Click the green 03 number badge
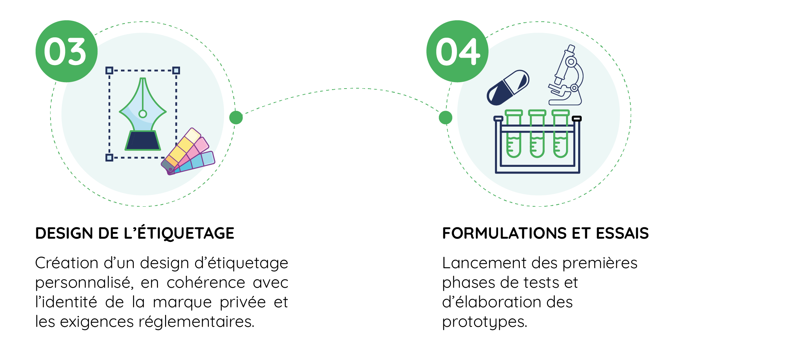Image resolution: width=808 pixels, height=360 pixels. (x=66, y=51)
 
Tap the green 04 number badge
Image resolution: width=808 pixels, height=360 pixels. (x=457, y=51)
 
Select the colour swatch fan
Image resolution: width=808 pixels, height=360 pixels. (x=188, y=153)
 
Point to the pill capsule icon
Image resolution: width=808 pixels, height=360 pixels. (x=508, y=88)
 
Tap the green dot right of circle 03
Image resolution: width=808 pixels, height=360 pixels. (x=236, y=117)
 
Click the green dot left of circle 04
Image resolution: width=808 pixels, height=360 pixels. (x=445, y=117)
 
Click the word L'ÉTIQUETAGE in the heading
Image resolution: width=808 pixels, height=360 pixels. (x=179, y=233)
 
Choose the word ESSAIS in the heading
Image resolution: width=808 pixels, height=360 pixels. (x=622, y=233)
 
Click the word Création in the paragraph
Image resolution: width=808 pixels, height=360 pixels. (x=67, y=263)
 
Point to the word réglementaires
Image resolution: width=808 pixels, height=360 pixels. (x=196, y=322)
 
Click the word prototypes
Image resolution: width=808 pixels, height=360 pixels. (x=484, y=322)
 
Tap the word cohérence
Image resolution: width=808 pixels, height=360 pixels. (x=206, y=283)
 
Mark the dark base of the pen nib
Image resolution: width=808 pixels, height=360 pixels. (x=143, y=141)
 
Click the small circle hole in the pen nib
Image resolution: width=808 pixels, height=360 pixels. (x=143, y=114)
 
